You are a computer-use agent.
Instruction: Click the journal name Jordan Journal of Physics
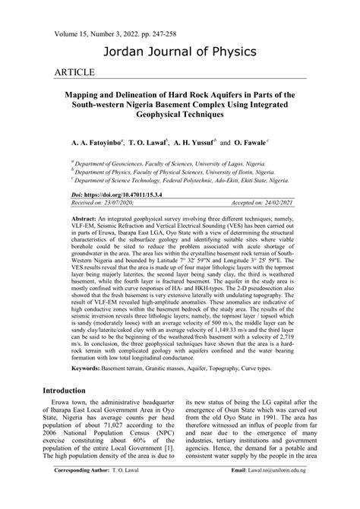[x=180, y=52]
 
